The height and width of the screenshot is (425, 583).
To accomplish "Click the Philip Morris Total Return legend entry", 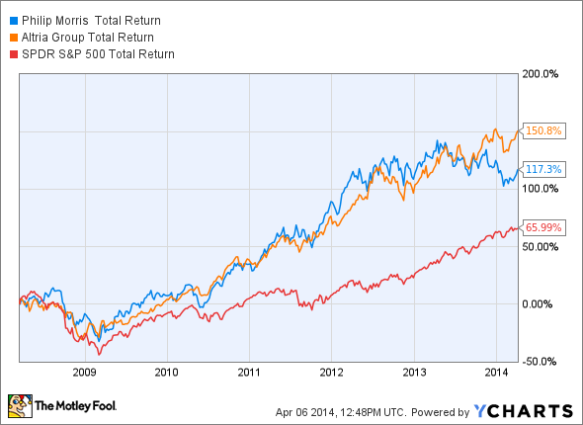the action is point(91,21).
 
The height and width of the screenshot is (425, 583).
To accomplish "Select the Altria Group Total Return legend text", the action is point(87,38).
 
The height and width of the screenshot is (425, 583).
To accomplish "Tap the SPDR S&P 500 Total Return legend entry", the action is point(98,54).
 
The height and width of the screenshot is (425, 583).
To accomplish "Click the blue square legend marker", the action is point(14,21).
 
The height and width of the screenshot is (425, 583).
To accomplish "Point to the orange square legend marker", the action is point(14,38).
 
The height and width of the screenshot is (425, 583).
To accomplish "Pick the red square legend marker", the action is point(14,54).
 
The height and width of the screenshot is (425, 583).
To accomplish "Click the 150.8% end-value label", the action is point(543,130).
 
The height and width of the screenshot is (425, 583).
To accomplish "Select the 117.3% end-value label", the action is point(543,169).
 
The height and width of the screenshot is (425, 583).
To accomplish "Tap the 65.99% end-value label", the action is point(543,227).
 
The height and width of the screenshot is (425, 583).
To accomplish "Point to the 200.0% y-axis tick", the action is point(540,74).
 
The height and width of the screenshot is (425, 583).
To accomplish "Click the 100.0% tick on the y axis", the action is point(540,189).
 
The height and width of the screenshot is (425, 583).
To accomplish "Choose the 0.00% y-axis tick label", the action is point(537,304).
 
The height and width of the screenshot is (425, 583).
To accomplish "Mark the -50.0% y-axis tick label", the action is point(539,362).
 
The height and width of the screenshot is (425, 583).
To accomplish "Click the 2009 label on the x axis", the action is point(84,373).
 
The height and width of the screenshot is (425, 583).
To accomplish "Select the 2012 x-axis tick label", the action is point(331,373).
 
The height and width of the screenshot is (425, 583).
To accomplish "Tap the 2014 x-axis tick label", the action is point(496,373).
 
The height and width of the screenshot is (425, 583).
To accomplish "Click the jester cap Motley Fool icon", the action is point(20,406).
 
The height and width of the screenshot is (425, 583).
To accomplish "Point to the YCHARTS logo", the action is point(524,411).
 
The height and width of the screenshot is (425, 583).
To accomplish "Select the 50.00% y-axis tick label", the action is point(540,247).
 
